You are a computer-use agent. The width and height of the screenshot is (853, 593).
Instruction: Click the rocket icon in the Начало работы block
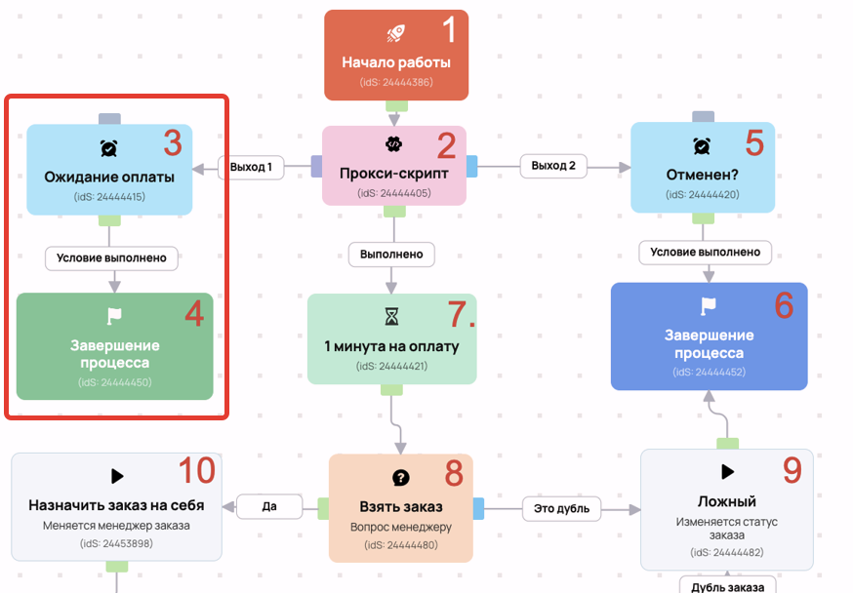click(395, 33)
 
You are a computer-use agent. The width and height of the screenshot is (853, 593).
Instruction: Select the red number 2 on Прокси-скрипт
click(446, 145)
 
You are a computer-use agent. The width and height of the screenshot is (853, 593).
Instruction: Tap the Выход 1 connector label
click(251, 167)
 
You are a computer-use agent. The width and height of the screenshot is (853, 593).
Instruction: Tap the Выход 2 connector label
click(553, 166)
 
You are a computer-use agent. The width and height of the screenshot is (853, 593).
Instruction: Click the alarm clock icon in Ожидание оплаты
click(108, 148)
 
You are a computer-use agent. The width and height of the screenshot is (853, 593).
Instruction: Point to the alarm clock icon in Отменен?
click(702, 145)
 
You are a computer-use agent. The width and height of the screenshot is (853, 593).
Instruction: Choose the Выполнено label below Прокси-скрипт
click(391, 254)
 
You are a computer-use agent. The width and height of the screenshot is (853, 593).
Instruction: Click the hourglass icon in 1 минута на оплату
click(391, 316)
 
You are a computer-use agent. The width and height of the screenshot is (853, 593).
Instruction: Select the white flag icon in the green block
click(114, 316)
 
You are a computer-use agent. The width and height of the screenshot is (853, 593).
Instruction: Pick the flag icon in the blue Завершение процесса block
click(709, 306)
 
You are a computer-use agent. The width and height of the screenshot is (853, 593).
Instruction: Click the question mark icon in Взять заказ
click(401, 478)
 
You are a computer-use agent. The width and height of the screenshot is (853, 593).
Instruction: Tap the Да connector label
click(269, 506)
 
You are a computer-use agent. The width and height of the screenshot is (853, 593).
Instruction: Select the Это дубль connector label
click(561, 509)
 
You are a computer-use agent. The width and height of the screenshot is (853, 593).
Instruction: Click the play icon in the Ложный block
click(727, 471)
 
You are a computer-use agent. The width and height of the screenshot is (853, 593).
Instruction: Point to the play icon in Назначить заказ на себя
click(117, 476)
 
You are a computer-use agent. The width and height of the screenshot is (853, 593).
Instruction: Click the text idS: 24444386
click(396, 82)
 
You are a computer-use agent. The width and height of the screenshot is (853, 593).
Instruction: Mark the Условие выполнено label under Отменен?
click(705, 253)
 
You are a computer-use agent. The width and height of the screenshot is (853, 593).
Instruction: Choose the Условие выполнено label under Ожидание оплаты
click(111, 258)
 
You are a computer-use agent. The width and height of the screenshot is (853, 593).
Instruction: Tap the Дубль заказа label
click(727, 586)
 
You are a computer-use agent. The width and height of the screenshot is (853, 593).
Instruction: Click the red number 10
click(197, 470)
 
